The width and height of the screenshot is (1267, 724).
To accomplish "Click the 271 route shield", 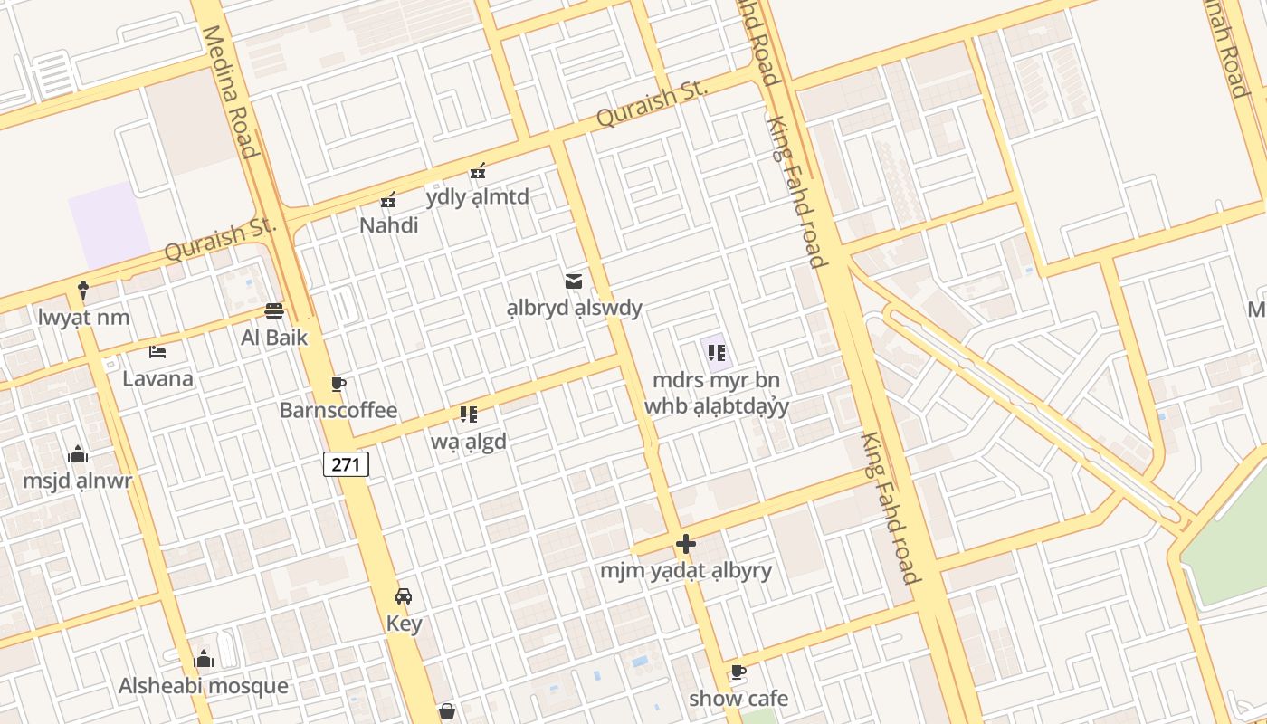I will (x=346, y=465).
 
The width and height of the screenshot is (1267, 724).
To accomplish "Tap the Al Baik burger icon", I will (x=274, y=311).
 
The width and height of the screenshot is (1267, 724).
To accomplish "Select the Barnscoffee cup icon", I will (x=338, y=384).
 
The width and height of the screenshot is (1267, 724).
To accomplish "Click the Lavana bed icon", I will (x=157, y=351).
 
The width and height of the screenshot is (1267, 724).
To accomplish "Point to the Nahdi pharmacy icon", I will (x=388, y=199).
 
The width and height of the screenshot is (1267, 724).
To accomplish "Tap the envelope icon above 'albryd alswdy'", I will (x=573, y=281).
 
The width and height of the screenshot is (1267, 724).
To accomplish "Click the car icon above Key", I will (x=404, y=596).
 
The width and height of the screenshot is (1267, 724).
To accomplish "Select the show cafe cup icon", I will (x=738, y=672).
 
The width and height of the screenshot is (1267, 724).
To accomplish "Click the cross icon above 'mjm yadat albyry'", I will (x=686, y=544).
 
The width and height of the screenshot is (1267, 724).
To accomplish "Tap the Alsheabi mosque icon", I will (x=204, y=659).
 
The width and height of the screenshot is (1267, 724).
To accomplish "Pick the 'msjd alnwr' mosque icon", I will (x=78, y=453).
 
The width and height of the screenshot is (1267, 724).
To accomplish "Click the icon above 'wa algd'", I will (x=468, y=414).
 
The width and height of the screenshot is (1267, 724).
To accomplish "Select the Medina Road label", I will (x=230, y=90).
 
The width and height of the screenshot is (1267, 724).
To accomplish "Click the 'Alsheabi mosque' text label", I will (x=204, y=686).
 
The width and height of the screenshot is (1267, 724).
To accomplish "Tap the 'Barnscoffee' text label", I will (x=338, y=410).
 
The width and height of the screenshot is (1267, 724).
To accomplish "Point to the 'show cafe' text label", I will (x=738, y=699).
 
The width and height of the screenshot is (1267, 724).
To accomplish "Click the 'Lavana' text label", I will (x=157, y=378).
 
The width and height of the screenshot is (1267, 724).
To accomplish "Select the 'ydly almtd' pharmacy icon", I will (x=478, y=170).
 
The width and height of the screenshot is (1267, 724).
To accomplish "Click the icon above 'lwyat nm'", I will (x=83, y=291).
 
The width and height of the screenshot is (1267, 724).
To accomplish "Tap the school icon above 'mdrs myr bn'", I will (x=717, y=353).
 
